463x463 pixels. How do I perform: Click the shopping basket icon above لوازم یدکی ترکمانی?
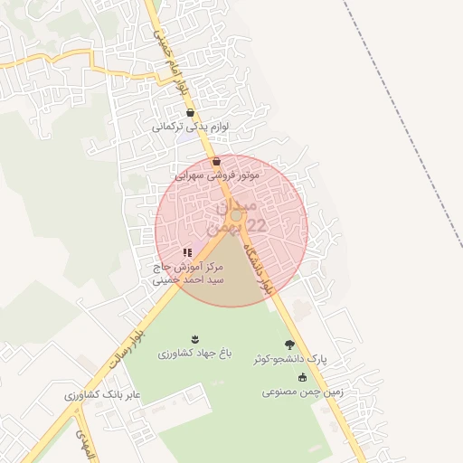(x=190, y=113)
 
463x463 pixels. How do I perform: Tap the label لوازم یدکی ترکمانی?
(x=190, y=128)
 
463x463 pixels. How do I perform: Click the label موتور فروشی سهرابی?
(x=217, y=175)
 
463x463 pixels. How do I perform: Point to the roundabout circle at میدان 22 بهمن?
(x=236, y=215)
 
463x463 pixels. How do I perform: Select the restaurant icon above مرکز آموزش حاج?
(x=187, y=253)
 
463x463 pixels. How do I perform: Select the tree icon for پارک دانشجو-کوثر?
(x=288, y=345)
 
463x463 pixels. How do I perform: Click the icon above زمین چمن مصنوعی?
(x=301, y=378)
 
